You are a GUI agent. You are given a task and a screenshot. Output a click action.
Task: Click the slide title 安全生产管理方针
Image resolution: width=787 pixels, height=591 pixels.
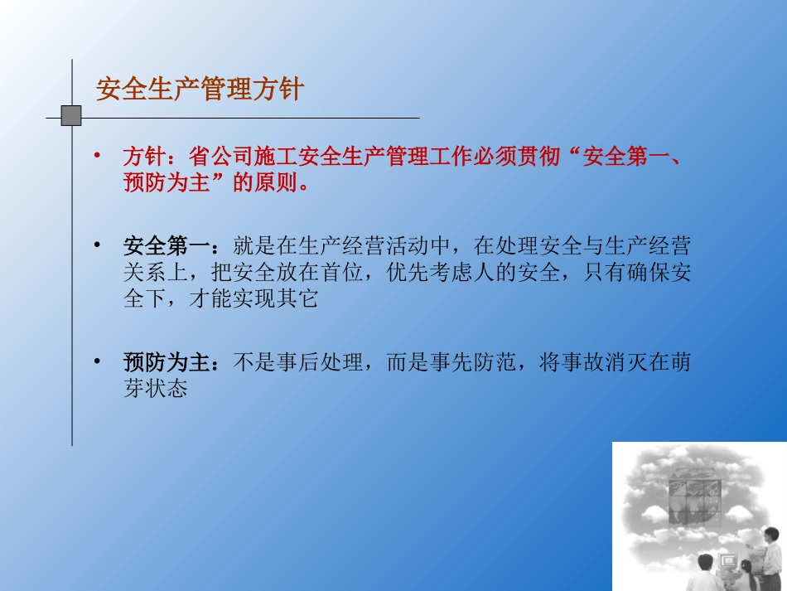click(x=200, y=90)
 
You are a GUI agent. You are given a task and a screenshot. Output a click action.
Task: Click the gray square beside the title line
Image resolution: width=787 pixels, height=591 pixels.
click(x=71, y=116)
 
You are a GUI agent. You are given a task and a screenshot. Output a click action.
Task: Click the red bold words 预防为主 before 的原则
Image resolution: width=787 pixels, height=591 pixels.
click(x=167, y=183)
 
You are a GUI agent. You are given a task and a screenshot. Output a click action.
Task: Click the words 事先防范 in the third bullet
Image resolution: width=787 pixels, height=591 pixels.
click(x=473, y=362)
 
